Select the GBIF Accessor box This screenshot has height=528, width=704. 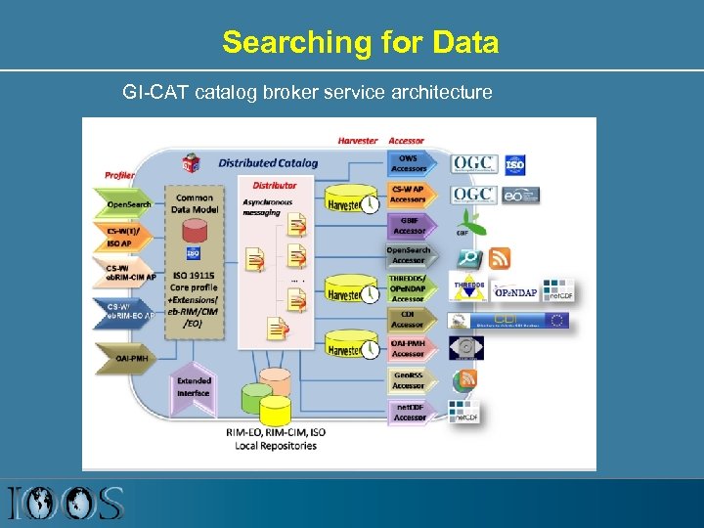408,226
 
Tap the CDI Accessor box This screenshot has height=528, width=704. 407,319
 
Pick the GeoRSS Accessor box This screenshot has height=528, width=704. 408,380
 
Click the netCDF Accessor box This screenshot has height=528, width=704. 409,412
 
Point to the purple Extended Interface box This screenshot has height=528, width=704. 194,386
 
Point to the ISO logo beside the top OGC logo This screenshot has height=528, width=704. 514,163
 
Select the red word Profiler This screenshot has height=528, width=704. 119,175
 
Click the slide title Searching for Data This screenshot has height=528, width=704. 360,43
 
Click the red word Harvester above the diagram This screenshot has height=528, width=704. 357,141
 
